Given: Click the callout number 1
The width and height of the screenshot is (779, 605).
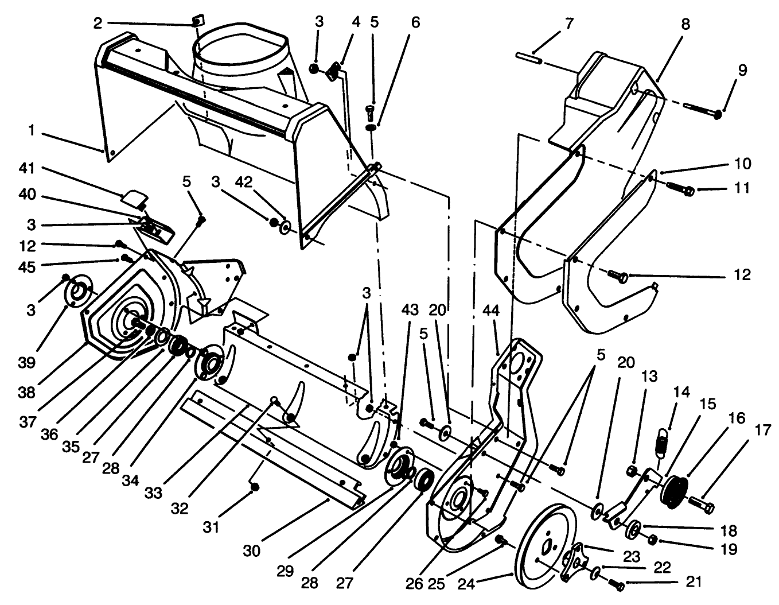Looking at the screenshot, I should (x=31, y=131).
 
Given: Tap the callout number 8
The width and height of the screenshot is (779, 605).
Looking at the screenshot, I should (x=685, y=24).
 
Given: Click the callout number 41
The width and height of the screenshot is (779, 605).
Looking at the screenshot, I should (x=27, y=168).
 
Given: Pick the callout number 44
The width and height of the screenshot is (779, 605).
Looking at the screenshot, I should (x=491, y=311).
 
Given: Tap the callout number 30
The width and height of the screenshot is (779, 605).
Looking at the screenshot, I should (x=251, y=550).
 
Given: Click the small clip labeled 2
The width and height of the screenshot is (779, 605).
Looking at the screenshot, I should (x=198, y=21).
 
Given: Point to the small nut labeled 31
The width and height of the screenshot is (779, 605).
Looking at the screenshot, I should (x=255, y=487).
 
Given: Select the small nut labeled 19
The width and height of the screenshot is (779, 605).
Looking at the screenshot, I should (x=652, y=539).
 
